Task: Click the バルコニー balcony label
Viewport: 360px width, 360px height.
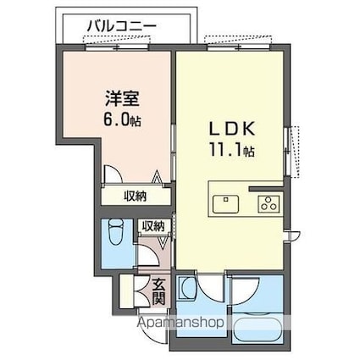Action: (x=120, y=25)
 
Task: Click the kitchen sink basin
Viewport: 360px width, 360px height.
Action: (x=226, y=203)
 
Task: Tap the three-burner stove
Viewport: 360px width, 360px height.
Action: (x=269, y=203)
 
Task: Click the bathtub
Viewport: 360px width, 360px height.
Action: (x=258, y=328)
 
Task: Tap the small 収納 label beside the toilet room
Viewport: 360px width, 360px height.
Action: (x=153, y=226)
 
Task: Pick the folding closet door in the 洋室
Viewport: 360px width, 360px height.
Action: (x=158, y=178)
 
